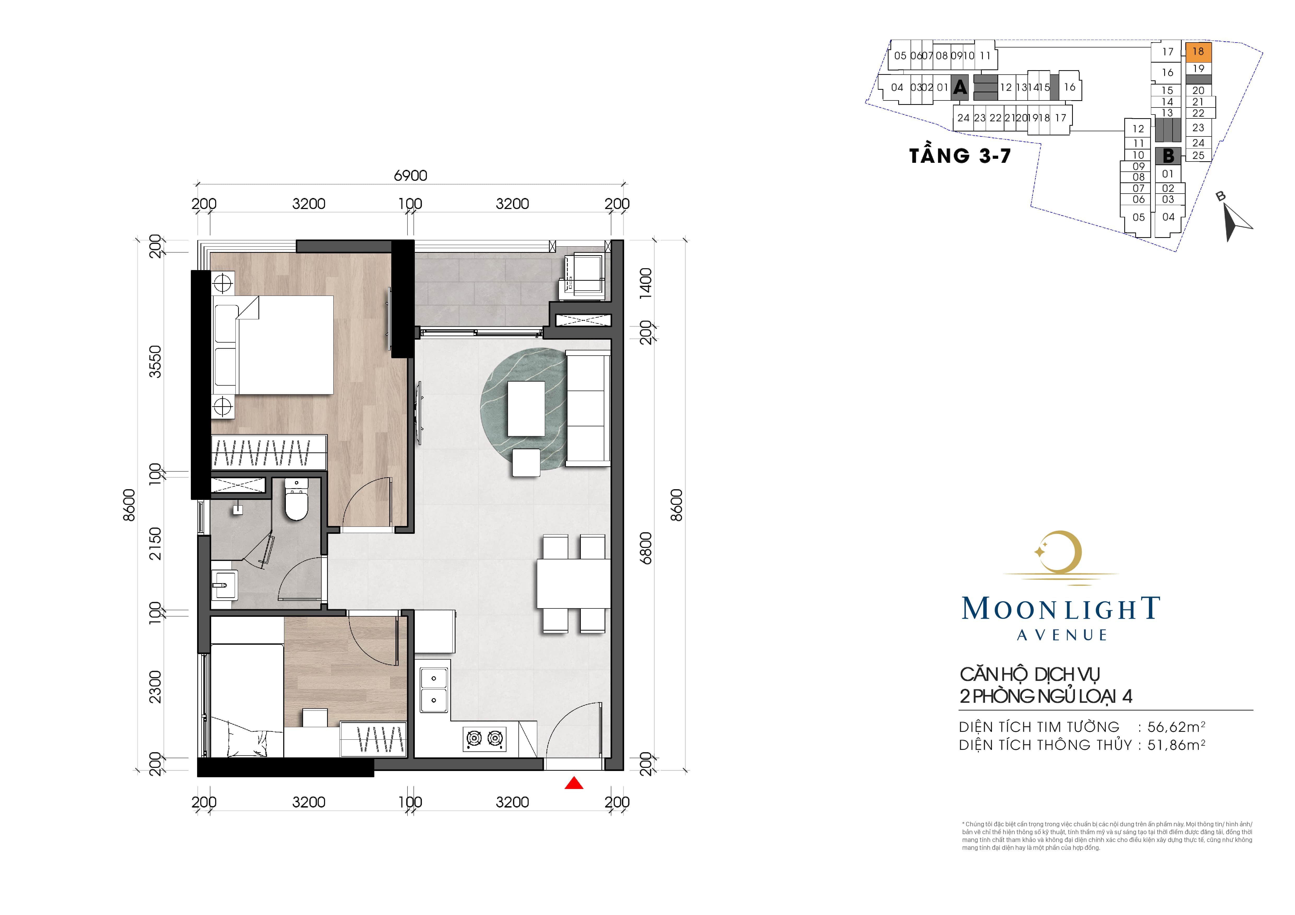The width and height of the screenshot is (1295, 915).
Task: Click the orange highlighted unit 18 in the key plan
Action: tap(1198, 51)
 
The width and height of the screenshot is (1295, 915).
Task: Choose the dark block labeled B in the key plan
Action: tap(1168, 156)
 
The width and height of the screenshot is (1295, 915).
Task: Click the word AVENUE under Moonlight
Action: tap(1062, 635)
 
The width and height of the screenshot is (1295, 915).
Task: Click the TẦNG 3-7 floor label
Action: tap(960, 156)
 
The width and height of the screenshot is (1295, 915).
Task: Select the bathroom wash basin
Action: tap(224, 585)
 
